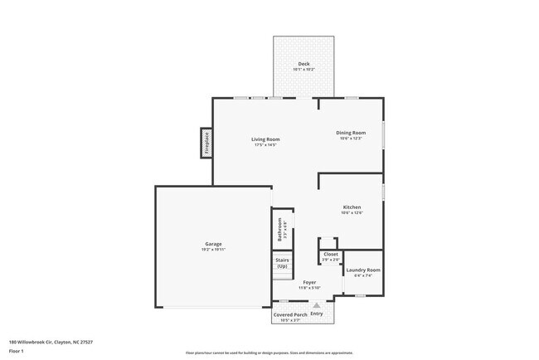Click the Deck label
(x=303, y=64)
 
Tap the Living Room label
(x=265, y=139)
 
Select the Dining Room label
(x=351, y=133)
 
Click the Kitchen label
(x=352, y=207)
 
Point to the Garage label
(x=213, y=244)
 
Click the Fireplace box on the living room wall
(x=206, y=143)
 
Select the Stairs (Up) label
(x=282, y=263)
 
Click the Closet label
(x=330, y=255)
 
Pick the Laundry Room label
(x=363, y=270)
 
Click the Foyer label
(x=309, y=283)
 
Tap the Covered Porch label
(x=290, y=314)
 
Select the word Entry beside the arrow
(x=317, y=314)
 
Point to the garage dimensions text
(x=213, y=250)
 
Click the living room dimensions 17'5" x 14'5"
(x=265, y=145)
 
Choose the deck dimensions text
(x=303, y=70)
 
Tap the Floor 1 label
(x=17, y=351)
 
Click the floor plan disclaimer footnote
(x=269, y=352)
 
